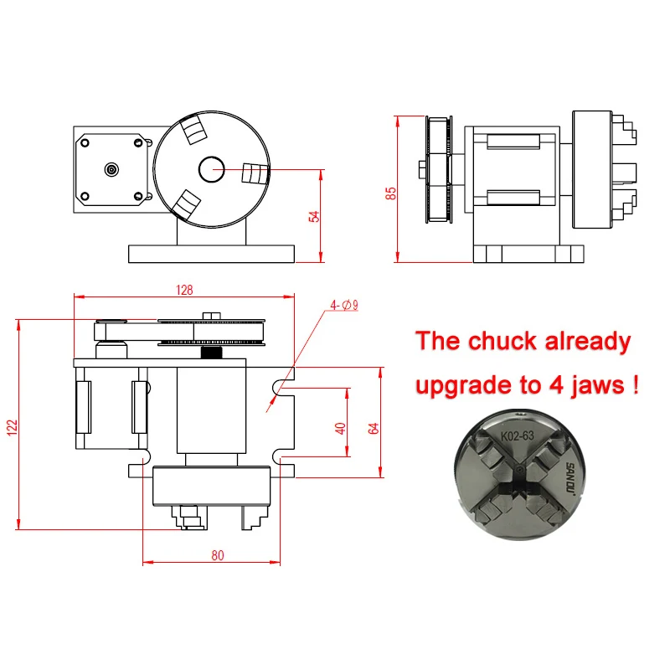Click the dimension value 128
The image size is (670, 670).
(x=185, y=290)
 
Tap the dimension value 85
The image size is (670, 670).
(x=390, y=193)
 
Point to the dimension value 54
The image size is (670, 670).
(x=314, y=215)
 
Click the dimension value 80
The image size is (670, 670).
(x=219, y=554)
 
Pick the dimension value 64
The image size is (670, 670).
(x=374, y=426)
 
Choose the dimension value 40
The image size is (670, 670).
(x=340, y=427)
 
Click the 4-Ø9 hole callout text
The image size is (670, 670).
(x=343, y=306)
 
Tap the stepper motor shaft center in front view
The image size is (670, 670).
(x=111, y=169)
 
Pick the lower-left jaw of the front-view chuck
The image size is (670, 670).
(x=188, y=204)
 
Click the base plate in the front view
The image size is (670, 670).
(x=211, y=252)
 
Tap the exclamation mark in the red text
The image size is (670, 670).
(x=638, y=385)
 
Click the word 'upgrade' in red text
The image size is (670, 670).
(x=470, y=387)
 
